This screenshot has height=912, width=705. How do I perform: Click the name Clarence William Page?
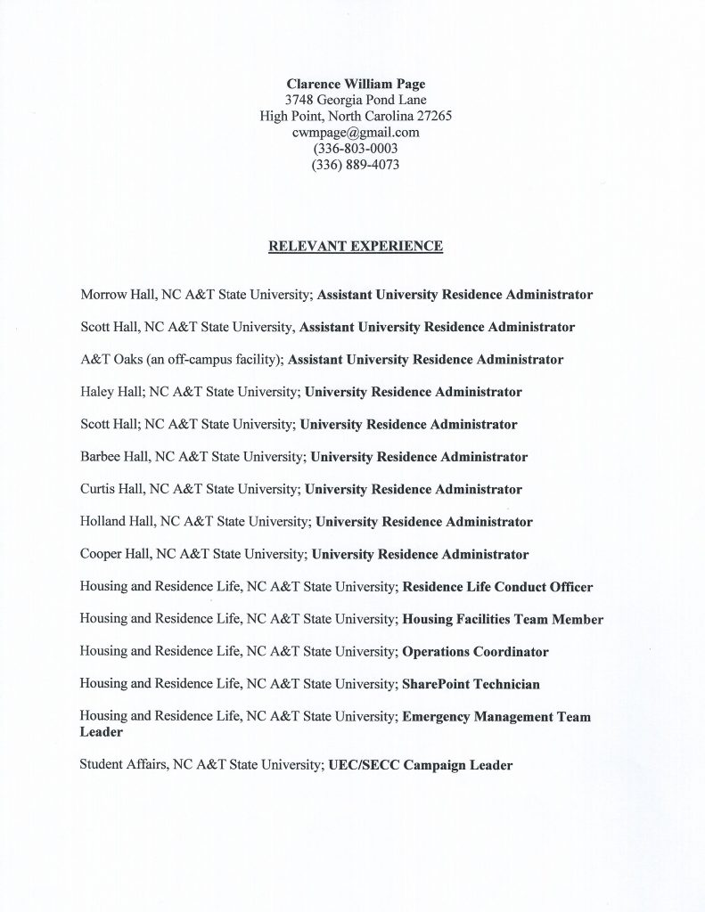356,84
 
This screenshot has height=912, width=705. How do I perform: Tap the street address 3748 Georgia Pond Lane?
356,100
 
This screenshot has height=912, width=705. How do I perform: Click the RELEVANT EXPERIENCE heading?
356,246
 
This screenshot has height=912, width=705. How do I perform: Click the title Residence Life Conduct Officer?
497,588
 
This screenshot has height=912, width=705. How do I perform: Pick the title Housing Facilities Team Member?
503,620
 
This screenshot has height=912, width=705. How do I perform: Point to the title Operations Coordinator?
475,652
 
